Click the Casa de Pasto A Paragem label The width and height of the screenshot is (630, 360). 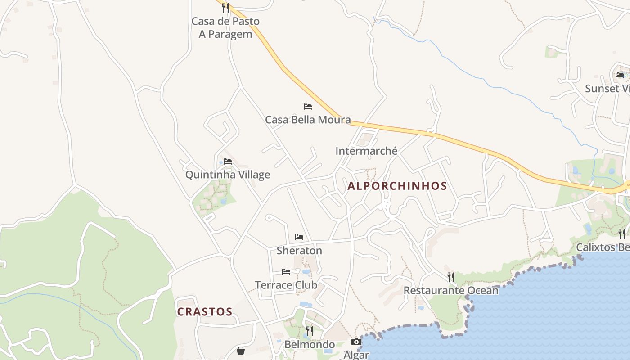coord(225,27)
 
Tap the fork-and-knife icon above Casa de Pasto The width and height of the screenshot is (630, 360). coord(225,8)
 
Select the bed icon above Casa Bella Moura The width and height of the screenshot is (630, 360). coord(308,107)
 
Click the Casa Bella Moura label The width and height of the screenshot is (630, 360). coord(308,120)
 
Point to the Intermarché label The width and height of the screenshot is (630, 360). coord(366,151)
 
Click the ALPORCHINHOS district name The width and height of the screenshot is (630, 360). coord(397,186)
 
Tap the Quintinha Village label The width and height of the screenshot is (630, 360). coord(228,175)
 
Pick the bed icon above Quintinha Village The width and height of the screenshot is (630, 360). coord(228,162)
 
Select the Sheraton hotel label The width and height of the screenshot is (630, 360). coord(299,251)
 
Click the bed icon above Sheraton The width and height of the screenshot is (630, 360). coord(299,237)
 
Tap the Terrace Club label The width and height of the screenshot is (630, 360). coord(286,285)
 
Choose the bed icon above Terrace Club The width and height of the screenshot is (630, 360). coord(286,272)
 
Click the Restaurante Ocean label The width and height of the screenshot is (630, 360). coord(451,290)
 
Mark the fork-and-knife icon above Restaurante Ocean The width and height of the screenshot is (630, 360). coord(451,277)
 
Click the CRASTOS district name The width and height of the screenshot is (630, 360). coord(205,312)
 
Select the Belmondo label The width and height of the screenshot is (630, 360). coord(310,345)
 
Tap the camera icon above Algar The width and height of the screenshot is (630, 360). coord(356,342)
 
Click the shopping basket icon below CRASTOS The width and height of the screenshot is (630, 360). coord(241,351)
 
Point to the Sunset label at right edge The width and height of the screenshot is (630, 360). coord(607,89)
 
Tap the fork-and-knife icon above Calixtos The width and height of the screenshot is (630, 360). coord(621,234)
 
